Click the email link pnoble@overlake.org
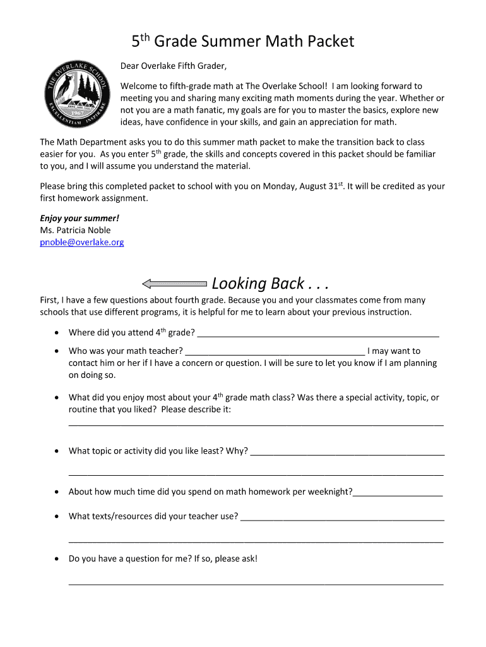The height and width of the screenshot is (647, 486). coord(81,242)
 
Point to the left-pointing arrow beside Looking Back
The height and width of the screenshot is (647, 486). coord(174,284)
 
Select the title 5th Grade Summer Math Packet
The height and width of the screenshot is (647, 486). coord(243,42)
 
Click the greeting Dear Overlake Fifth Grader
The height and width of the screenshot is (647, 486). coord(174,66)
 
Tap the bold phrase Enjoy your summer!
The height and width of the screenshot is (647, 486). coord(80,218)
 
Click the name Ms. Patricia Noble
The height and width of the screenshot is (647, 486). coord(75,230)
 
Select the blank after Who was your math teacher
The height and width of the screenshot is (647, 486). coord(275,352)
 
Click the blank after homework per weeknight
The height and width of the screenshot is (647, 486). coord(398,493)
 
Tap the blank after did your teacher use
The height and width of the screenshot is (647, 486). coord(342,517)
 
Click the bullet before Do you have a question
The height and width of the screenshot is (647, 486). coord(57,559)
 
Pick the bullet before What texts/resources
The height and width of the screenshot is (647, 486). coord(57,517)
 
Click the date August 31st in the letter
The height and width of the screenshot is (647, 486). coord(313,186)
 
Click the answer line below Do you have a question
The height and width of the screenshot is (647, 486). coord(256,583)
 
